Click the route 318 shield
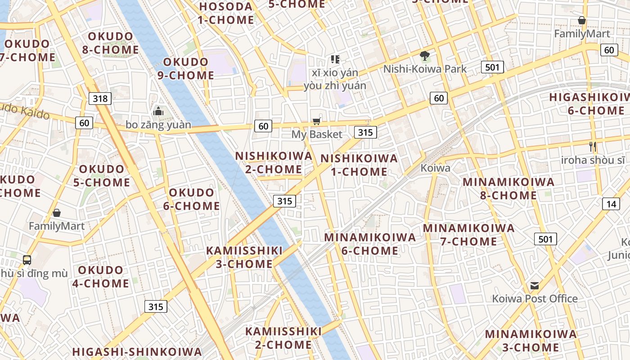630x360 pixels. point(100,98)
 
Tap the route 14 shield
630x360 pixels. point(611,204)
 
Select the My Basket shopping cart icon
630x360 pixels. point(317,121)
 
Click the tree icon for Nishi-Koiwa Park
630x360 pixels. point(424,56)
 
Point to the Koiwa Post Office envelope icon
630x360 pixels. point(535,285)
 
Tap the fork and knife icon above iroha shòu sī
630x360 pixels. point(593,146)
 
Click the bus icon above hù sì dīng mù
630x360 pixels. point(27,260)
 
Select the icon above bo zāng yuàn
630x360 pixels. point(158,111)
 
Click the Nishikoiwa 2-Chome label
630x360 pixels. point(274,162)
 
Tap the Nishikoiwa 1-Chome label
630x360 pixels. point(359,165)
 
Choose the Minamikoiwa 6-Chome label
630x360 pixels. point(370,244)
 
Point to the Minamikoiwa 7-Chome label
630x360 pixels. point(468,234)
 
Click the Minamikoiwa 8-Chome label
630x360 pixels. point(508,189)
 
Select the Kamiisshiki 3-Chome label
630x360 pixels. point(244,257)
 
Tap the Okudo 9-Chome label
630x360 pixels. point(186,68)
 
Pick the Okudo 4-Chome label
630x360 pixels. point(101,277)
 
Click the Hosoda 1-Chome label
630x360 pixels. point(226,13)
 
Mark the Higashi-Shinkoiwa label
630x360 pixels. point(137,351)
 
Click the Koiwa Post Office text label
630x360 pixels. point(535,298)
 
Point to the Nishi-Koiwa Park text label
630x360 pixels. point(425,69)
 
